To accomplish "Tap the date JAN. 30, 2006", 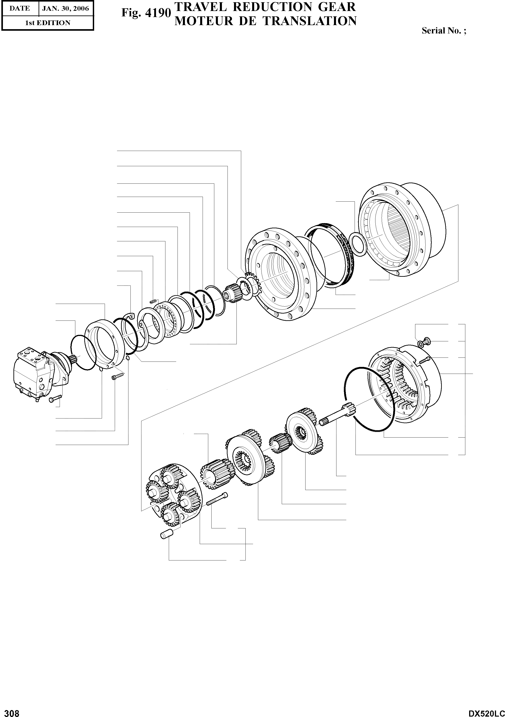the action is pyautogui.click(x=65, y=9).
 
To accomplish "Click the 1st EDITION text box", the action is pyautogui.click(x=48, y=23).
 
